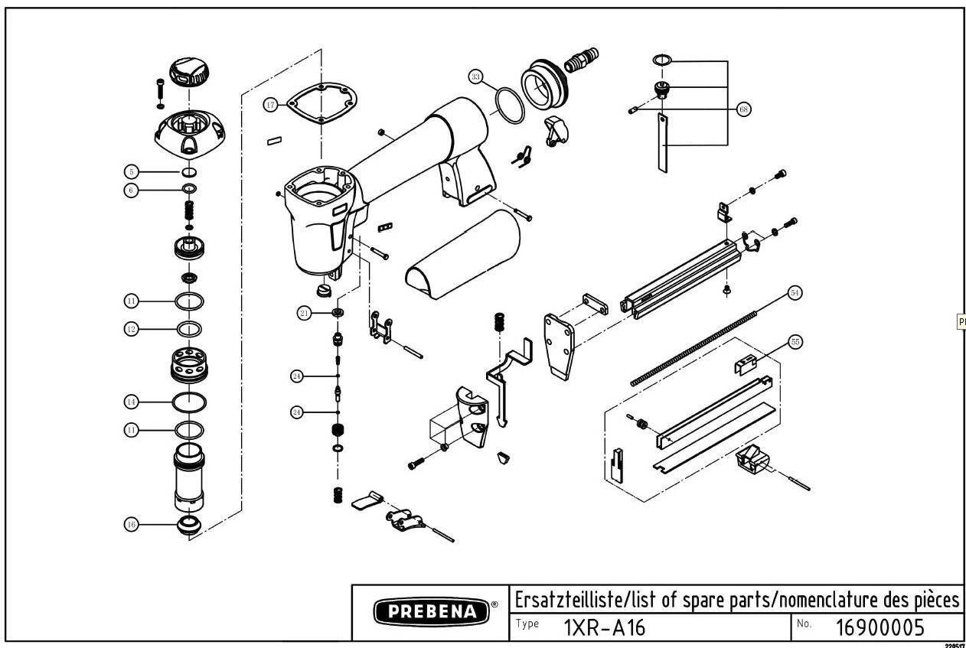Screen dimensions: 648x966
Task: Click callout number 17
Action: (x=270, y=105)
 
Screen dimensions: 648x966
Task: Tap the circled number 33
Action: (x=476, y=77)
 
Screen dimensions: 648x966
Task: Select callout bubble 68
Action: (x=743, y=109)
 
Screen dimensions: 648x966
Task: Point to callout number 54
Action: (x=795, y=292)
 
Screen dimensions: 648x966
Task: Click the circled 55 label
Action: (x=795, y=344)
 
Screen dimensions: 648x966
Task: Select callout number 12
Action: (x=132, y=328)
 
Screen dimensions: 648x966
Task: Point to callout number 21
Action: (x=304, y=313)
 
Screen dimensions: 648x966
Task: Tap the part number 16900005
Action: (x=880, y=628)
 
